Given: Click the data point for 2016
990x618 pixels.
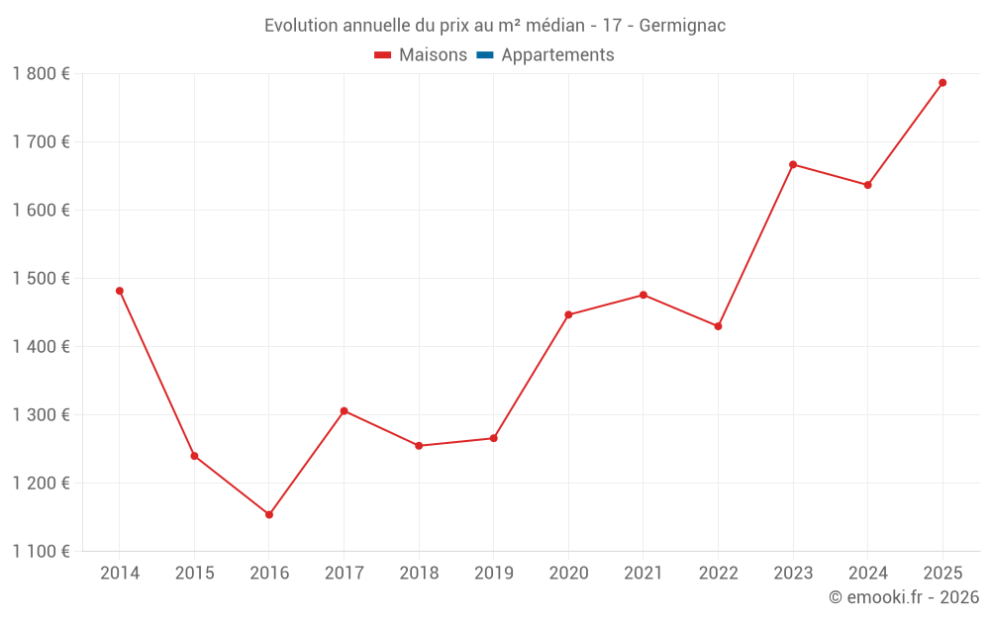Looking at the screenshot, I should pos(269,514).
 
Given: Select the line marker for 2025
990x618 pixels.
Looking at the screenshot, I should pos(942,82).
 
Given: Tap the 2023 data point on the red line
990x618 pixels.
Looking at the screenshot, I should pos(793,164).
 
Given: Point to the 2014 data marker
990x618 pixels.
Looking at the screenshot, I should pos(120,291).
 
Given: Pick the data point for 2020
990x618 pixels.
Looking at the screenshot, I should pos(568,314).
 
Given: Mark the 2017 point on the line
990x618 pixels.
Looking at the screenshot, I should pos(344,410).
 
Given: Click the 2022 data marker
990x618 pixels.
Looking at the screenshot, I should pos(718,326).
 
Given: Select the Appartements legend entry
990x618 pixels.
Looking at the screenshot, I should pos(557,55).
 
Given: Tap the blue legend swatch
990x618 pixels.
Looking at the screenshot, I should pos(484,55).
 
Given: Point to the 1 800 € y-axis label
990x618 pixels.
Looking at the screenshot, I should pos(42,73).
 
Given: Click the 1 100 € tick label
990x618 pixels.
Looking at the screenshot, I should pos(42,552).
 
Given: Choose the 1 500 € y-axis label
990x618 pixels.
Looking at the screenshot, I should pos(42,279).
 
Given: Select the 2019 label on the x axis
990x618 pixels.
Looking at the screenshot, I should pos(493,573).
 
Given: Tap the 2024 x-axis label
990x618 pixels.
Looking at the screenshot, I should pos(867,573).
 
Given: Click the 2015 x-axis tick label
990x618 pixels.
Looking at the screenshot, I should pos(194,573).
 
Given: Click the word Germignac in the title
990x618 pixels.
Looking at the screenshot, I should pos(682,25).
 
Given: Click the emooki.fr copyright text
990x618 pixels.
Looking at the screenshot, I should pos(904,597).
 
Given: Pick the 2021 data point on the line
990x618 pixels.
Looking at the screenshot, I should pos(643,295).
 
